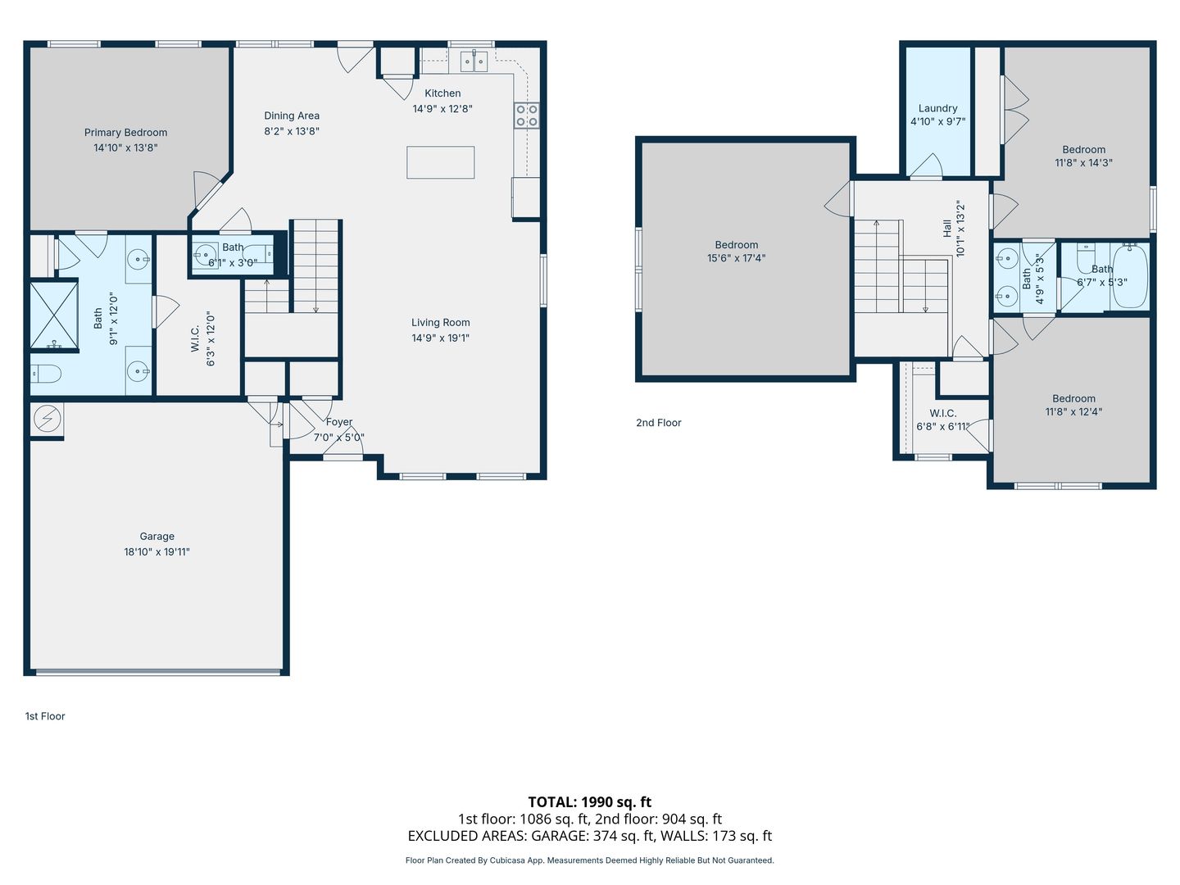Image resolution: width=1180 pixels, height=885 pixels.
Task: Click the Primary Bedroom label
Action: click(125, 133)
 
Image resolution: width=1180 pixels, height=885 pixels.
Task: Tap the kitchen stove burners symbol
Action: click(527, 116)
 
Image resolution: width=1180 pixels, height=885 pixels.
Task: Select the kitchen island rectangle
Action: click(440, 162)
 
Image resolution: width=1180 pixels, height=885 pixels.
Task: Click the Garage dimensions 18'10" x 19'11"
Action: click(157, 551)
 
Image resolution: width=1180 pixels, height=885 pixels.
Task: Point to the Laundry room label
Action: click(937, 108)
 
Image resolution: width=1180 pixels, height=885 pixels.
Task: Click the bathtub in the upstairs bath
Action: click(1130, 275)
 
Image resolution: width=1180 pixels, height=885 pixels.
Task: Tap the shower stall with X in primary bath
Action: click(54, 315)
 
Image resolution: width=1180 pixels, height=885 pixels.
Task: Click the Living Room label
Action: click(440, 322)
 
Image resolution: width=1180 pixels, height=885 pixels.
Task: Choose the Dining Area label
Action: click(292, 116)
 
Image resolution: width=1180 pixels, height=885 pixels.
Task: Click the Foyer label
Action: click(339, 422)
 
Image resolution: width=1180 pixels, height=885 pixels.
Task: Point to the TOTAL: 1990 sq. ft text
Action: click(590, 802)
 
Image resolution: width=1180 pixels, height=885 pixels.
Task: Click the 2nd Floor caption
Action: click(659, 423)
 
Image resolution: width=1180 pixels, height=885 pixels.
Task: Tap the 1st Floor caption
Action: click(45, 716)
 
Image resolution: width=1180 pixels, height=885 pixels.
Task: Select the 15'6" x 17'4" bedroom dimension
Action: click(736, 258)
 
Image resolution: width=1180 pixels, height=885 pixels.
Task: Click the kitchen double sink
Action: click(474, 61)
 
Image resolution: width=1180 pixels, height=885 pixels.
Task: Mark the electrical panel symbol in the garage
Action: click(47, 418)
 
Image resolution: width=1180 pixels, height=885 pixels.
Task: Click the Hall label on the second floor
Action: click(947, 228)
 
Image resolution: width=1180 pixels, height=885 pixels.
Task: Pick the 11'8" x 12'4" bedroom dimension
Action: click(1073, 411)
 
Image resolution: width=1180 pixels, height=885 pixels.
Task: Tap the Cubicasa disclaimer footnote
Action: click(590, 860)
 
